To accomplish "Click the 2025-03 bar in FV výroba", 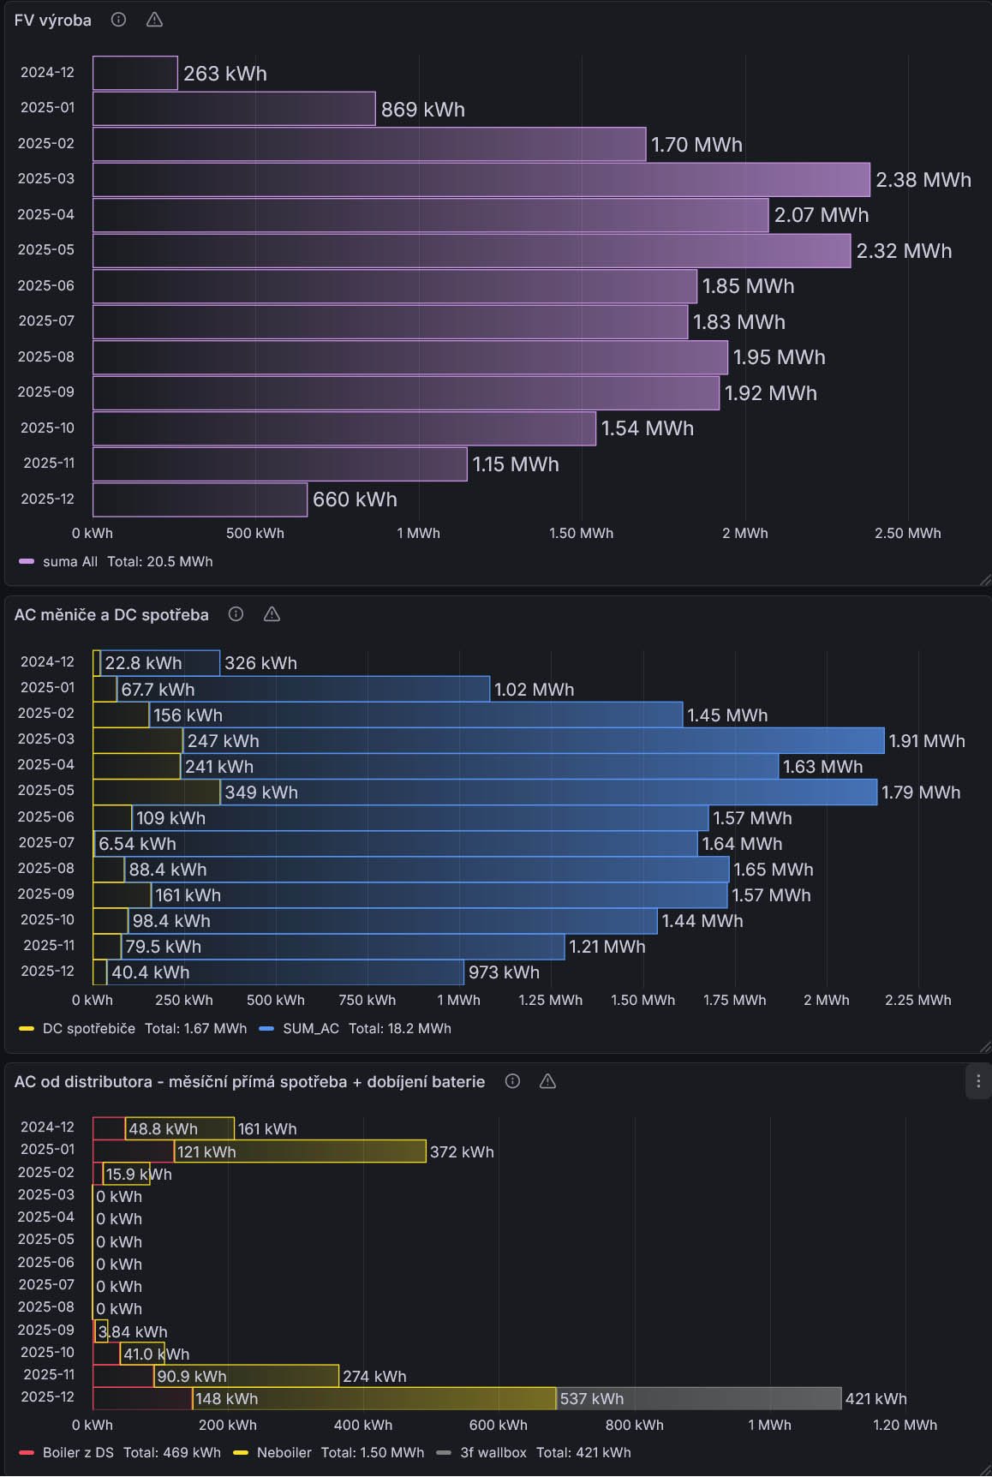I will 480,180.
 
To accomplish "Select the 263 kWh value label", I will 224,74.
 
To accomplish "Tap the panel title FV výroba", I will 53,21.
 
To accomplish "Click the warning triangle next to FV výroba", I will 154,20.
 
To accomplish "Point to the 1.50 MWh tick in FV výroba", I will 581,533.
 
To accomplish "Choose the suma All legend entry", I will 69,561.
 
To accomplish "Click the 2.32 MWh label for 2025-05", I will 904,251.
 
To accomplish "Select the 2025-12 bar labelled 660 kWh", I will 200,499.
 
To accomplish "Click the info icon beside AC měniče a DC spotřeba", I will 236,614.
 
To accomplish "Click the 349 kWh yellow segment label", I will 260,792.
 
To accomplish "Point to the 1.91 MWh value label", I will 926,741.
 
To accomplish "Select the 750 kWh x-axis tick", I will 367,1000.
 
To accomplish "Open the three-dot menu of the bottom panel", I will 978,1081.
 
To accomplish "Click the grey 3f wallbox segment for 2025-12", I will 698,1398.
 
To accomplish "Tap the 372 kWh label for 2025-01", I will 462,1152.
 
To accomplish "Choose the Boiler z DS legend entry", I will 77,1452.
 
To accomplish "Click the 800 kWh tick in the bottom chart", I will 634,1425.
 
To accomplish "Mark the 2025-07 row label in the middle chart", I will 46,843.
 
